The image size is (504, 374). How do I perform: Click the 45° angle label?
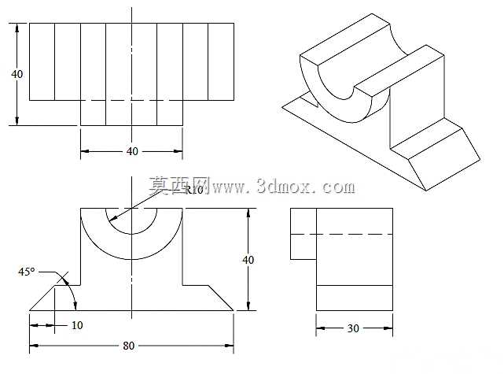[x=27, y=272]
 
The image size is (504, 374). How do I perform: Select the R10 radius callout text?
[x=194, y=190]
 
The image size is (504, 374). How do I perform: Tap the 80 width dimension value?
[x=129, y=346]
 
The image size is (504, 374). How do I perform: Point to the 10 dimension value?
[x=77, y=325]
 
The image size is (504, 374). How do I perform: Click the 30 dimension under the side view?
[x=353, y=328]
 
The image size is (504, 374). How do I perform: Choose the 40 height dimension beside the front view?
[x=248, y=259]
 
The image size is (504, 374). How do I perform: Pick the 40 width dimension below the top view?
[x=132, y=151]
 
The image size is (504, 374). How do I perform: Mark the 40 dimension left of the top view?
[x=17, y=74]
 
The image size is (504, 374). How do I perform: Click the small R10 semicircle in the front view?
[x=131, y=234]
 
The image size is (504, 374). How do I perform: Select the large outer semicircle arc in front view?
[x=131, y=259]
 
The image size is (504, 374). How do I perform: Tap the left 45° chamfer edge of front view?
[x=42, y=298]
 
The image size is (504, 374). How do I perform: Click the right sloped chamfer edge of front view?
[x=221, y=298]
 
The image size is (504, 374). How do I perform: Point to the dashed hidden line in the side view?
[x=342, y=234]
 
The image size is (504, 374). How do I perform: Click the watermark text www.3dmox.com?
[x=284, y=187]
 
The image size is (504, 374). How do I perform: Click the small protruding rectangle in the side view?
[x=304, y=234]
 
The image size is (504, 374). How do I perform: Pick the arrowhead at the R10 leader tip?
[x=112, y=219]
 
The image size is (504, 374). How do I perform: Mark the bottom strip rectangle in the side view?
[x=355, y=298]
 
